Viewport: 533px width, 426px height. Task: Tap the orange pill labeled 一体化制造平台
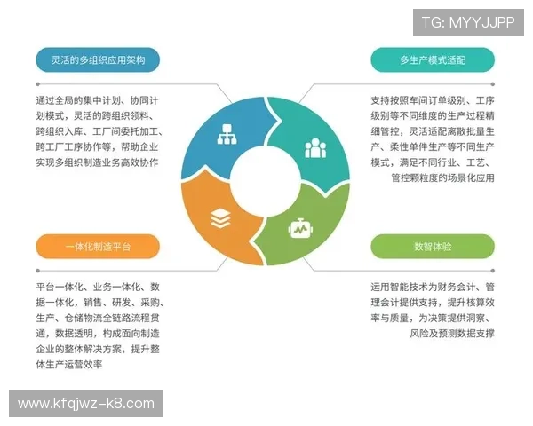click(x=98, y=247)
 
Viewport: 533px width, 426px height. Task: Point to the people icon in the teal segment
click(x=315, y=146)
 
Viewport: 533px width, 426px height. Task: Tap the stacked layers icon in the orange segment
click(x=220, y=218)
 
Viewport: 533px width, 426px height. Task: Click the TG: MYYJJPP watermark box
click(x=468, y=22)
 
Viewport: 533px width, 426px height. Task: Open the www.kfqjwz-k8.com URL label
click(x=86, y=404)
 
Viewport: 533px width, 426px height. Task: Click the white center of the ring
click(x=266, y=181)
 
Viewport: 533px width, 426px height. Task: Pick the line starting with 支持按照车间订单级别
click(x=433, y=100)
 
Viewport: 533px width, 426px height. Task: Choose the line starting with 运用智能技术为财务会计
click(x=433, y=287)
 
